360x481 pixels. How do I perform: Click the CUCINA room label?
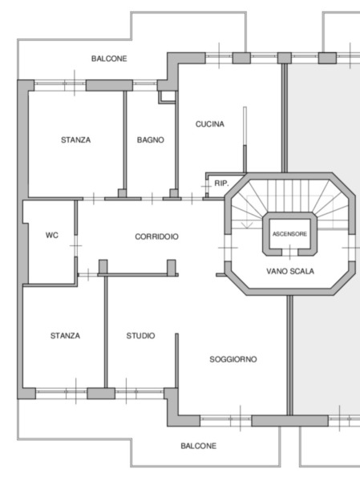[x=210, y=124]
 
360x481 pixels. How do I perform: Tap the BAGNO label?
[x=151, y=139]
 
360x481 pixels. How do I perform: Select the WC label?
[x=52, y=235]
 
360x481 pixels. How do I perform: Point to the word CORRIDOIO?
[x=156, y=236]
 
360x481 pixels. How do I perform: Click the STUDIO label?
[x=140, y=336]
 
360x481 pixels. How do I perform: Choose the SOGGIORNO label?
[x=233, y=359]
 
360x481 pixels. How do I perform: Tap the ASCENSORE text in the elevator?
[x=289, y=234]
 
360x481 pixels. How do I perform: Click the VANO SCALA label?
[x=290, y=271]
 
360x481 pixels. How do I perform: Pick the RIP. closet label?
[x=221, y=184]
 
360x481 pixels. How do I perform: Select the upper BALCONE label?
[x=109, y=59]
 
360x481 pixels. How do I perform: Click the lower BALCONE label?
[x=198, y=446]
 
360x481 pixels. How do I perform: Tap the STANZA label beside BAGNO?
[x=76, y=139]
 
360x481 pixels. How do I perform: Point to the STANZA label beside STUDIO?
[x=65, y=336]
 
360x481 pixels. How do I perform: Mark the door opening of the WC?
[x=76, y=246]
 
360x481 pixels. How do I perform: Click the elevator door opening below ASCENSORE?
[x=289, y=253]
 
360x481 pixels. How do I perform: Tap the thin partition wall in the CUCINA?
[x=245, y=139]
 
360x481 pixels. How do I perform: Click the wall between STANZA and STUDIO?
[x=106, y=332]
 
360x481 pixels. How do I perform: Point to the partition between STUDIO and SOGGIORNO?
[x=176, y=361]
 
